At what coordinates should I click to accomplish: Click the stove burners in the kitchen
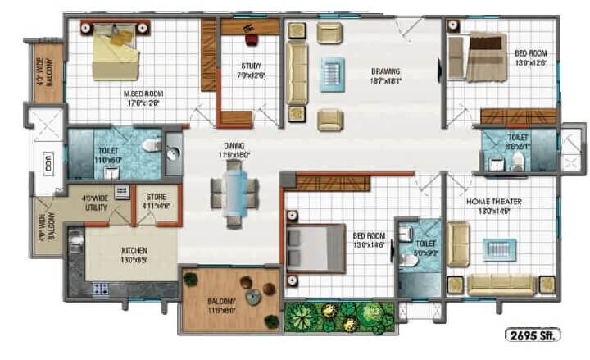(x=102, y=289)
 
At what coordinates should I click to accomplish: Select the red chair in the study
(x=252, y=38)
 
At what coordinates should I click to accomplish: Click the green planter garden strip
(x=338, y=316)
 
